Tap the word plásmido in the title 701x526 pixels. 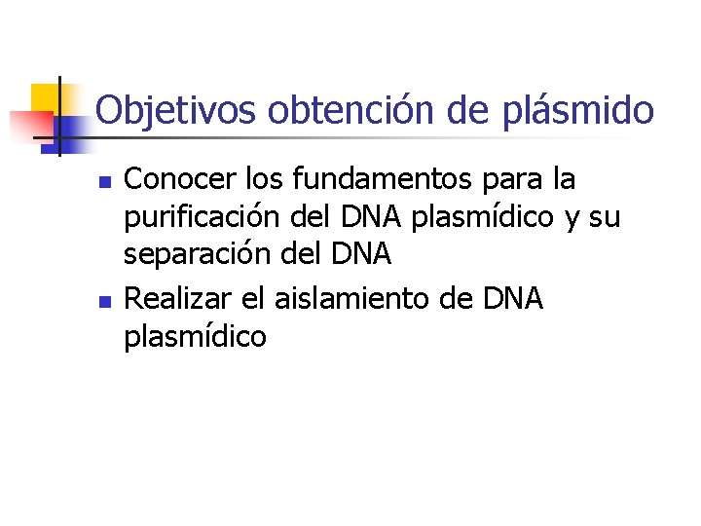coord(580,110)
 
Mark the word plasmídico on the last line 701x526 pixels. coord(196,337)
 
